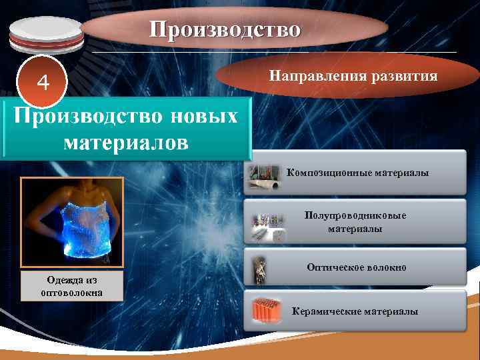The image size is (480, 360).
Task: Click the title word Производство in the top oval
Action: [x=225, y=29]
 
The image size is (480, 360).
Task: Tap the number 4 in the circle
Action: [x=43, y=83]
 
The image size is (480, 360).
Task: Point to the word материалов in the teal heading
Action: [x=126, y=142]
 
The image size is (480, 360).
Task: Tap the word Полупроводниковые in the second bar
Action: [x=355, y=216]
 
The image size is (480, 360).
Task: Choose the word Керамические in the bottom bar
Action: [x=324, y=311]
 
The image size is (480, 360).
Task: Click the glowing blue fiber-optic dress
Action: [x=72, y=220]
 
